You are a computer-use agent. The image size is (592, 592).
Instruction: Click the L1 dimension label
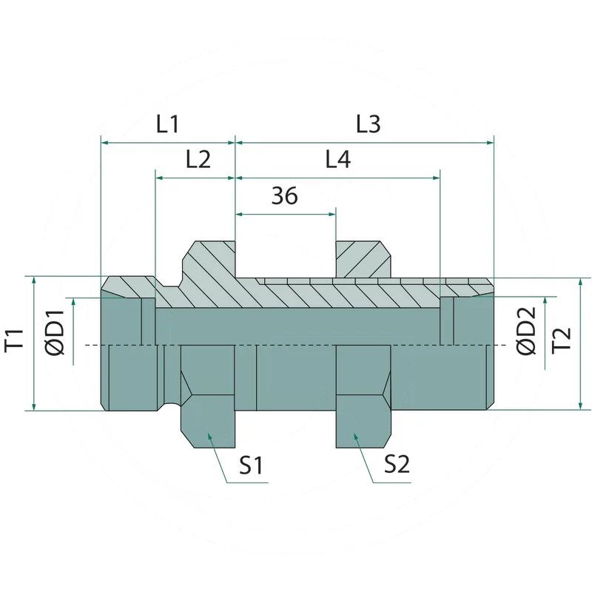pos(167,124)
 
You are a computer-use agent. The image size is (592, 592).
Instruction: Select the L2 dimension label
pos(198,159)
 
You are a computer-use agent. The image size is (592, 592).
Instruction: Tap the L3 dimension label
pos(369,124)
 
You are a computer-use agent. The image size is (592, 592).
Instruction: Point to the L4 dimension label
pos(338,159)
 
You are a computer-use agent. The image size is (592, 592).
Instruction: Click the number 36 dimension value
pos(285,195)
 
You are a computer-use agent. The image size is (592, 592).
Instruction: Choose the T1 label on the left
pos(14,340)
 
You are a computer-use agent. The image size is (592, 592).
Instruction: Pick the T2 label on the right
pos(562,340)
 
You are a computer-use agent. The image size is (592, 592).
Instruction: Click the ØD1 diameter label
pos(55,332)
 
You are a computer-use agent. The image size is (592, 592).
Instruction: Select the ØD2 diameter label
pos(526,331)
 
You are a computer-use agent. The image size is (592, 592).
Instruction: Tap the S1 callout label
pos(251,465)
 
